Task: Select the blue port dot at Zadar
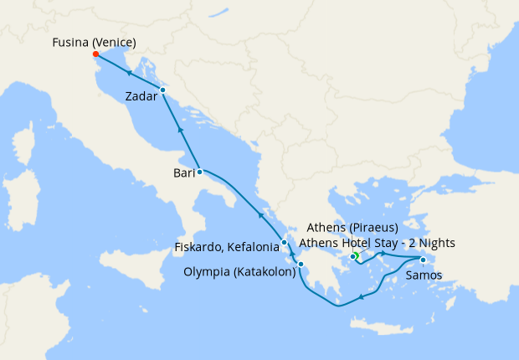point(162,90)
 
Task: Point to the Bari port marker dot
point(199,172)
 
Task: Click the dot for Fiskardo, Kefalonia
point(285,243)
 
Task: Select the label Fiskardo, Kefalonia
point(227,248)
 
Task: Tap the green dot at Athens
point(354,256)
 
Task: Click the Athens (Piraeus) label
point(352,227)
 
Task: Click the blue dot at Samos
point(423,260)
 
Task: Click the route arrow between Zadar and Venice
point(130,73)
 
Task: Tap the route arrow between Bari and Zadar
point(180,131)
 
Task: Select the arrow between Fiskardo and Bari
point(260,215)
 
